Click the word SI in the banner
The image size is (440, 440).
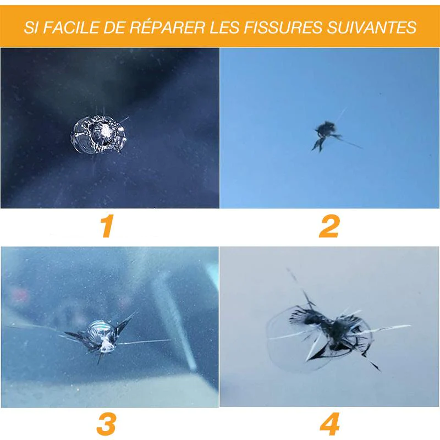tap(31, 27)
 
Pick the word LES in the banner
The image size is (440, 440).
tap(224, 27)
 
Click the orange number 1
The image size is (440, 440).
tap(107, 226)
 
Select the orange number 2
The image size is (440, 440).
tap(329, 226)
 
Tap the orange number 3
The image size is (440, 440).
tap(106, 424)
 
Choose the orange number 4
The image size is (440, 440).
tap(329, 424)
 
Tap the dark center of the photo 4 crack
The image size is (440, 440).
tap(337, 331)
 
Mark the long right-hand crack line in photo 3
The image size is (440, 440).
tap(143, 342)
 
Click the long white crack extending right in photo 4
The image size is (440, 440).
tap(387, 328)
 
